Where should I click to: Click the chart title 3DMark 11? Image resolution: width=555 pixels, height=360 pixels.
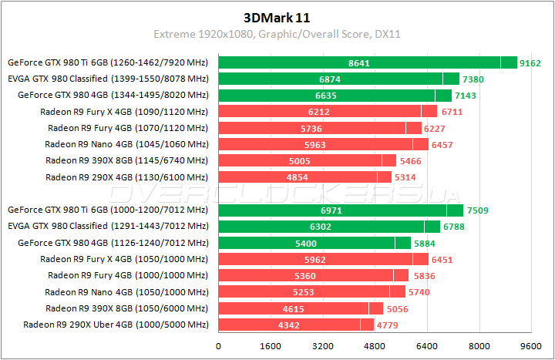[x=277, y=16]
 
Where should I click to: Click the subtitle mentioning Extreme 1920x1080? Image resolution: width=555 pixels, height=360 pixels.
[x=277, y=35]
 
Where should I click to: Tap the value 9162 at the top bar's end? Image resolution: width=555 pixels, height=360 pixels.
[x=530, y=62]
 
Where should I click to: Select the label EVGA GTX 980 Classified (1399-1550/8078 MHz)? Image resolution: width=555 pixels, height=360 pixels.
[x=108, y=79]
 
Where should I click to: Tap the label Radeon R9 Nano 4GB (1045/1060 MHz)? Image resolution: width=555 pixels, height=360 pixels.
[x=126, y=144]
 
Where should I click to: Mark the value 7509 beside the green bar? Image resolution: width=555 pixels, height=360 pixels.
[x=477, y=210]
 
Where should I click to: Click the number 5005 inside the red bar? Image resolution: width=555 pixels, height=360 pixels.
[x=300, y=160]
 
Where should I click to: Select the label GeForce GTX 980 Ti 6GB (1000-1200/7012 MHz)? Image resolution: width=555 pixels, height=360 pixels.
[x=108, y=210]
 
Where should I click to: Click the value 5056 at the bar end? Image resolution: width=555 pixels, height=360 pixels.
[x=398, y=308]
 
